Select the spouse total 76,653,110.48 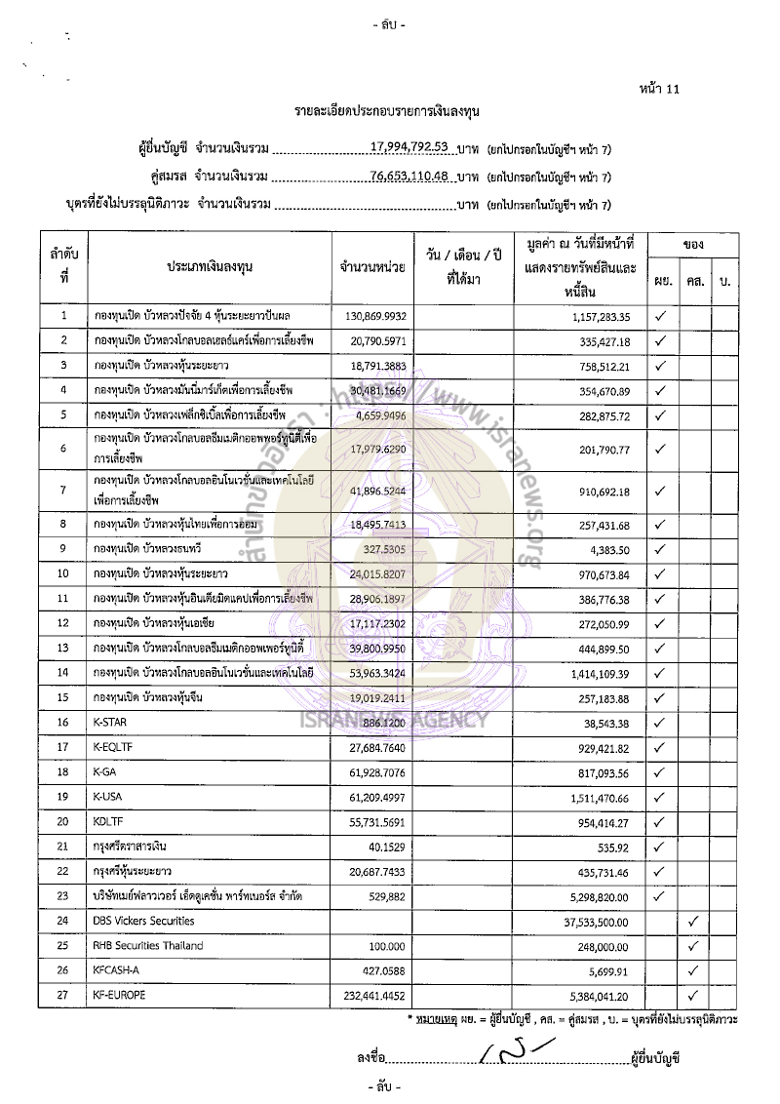click(x=409, y=177)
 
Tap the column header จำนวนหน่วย click(x=372, y=265)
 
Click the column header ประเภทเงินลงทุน click(x=210, y=265)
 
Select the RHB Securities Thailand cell click(x=143, y=945)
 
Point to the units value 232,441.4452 click(x=372, y=996)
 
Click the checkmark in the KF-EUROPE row click(x=693, y=996)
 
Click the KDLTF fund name click(x=107, y=823)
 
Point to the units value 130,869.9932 click(x=372, y=316)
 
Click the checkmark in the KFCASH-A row click(x=693, y=970)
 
